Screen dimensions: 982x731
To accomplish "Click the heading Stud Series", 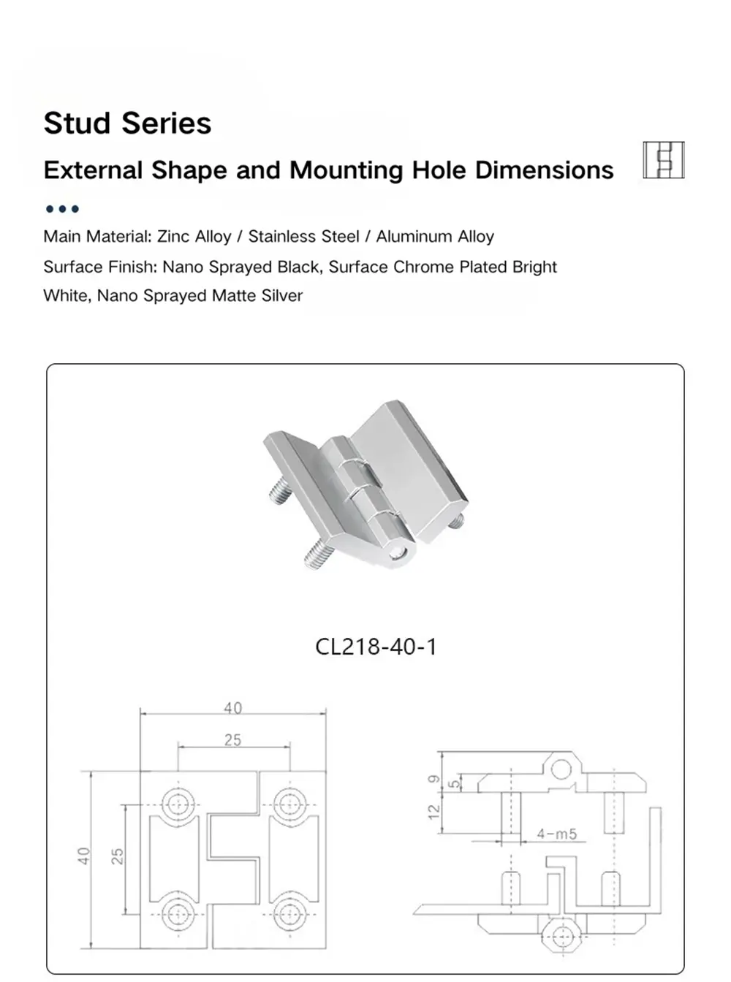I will [127, 123].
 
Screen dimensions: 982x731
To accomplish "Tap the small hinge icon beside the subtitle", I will [663, 160].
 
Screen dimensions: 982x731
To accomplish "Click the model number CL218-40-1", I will [376, 647].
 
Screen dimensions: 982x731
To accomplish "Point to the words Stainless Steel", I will [303, 237].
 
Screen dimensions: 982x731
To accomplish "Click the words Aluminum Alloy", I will [435, 237].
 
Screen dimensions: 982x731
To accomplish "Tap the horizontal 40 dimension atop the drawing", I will [232, 708].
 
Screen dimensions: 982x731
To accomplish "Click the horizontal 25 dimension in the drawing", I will [232, 740].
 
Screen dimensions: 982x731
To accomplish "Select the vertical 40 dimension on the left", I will [84, 856].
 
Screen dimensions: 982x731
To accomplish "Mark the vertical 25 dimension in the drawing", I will [118, 856].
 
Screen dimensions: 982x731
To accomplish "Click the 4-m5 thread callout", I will [556, 834].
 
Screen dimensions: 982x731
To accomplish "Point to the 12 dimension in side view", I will [434, 810].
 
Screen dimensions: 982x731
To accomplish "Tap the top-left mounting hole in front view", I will [177, 804].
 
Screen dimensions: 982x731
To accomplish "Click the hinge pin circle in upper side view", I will [561, 769].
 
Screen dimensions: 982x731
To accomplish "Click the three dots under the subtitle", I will [62, 209].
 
